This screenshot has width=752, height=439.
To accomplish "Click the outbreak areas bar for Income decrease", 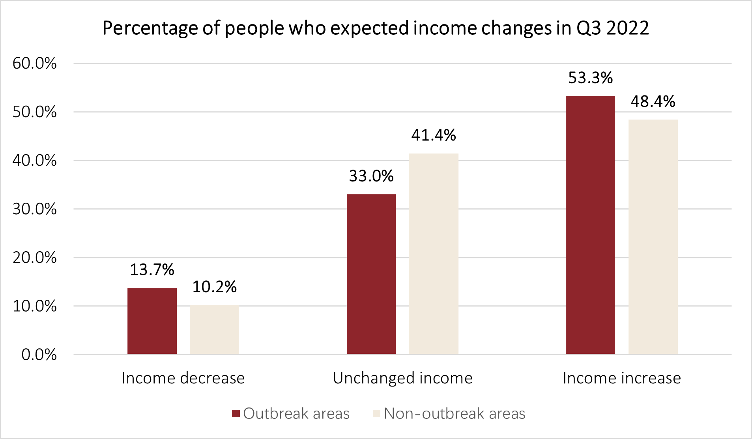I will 152,321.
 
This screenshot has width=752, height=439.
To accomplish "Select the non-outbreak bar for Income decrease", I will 214,330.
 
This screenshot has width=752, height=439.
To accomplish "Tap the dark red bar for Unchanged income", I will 371,274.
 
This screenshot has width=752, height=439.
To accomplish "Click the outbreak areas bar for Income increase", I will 590,225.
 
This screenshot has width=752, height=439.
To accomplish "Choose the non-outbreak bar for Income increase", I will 653,237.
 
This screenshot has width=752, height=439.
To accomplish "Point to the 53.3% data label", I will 590,78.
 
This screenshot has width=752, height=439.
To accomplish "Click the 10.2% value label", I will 214,287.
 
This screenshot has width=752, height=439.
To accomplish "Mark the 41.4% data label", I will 434,136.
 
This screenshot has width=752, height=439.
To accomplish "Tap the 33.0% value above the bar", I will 371,176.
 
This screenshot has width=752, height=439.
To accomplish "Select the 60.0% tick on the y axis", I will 35,64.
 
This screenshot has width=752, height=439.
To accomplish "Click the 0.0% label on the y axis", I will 39,355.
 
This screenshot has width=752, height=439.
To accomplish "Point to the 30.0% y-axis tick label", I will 35,209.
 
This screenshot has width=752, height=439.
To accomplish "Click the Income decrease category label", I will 183,378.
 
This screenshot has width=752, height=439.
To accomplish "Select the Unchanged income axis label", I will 402,378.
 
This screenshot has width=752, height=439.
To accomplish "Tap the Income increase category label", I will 622,378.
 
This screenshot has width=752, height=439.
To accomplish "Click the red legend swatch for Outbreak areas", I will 236,414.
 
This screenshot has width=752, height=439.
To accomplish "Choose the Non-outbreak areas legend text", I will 454,414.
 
